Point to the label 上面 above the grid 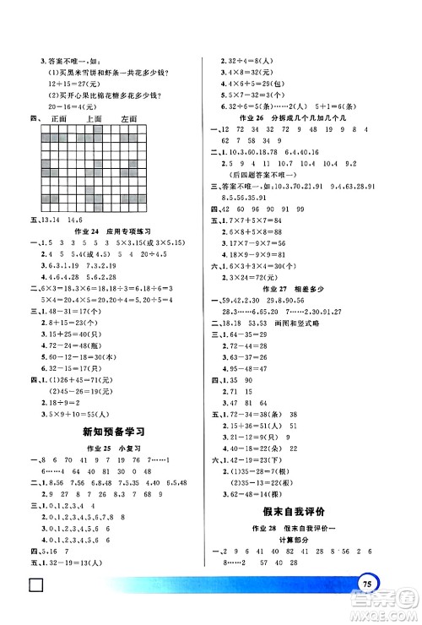tap(95, 121)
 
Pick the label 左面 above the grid tap(128, 121)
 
